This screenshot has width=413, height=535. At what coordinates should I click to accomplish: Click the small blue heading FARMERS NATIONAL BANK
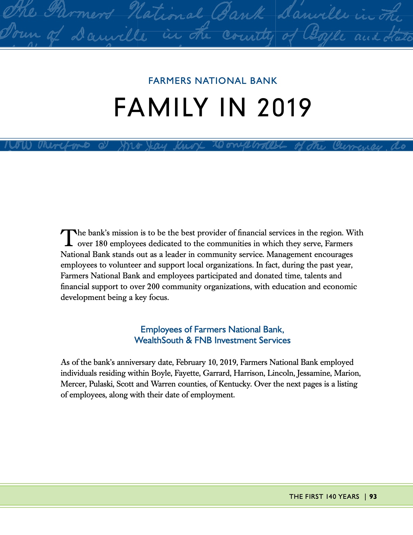click(x=213, y=81)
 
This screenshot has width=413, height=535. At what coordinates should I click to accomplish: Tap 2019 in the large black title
click(x=284, y=108)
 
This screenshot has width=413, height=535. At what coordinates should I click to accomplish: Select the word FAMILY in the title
click(x=161, y=108)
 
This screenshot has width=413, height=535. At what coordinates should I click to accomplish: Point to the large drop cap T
click(x=69, y=237)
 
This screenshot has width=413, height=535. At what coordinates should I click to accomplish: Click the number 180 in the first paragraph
click(x=101, y=244)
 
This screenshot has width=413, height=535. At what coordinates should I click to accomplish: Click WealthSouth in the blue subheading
click(x=159, y=340)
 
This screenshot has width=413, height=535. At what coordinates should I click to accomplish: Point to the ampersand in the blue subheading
click(x=189, y=340)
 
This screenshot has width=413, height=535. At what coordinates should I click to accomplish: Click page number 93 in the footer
click(x=373, y=496)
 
